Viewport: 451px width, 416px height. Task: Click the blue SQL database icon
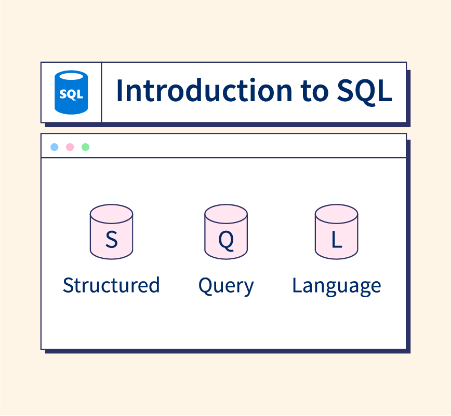71,92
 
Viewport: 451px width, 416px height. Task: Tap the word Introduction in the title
204,90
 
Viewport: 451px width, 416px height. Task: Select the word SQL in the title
365,91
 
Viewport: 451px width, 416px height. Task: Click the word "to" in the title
314,92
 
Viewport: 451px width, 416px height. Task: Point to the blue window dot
55,147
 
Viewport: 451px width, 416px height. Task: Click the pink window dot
70,147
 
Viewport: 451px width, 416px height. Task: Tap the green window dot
85,147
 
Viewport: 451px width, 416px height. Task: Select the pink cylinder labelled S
111,232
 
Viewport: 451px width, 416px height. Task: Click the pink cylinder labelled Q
226,232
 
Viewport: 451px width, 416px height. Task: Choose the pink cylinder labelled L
337,232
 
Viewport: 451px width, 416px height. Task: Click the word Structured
111,285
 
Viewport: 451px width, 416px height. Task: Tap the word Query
226,286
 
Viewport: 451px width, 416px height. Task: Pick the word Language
337,286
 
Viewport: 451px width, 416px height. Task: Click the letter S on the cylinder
112,240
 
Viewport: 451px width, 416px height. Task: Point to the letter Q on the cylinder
226,241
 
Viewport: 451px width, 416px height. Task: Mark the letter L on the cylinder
337,240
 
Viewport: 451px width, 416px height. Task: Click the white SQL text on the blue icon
71,94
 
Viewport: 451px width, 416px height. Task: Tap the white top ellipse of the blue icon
71,76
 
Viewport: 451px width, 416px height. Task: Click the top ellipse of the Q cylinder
226,214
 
